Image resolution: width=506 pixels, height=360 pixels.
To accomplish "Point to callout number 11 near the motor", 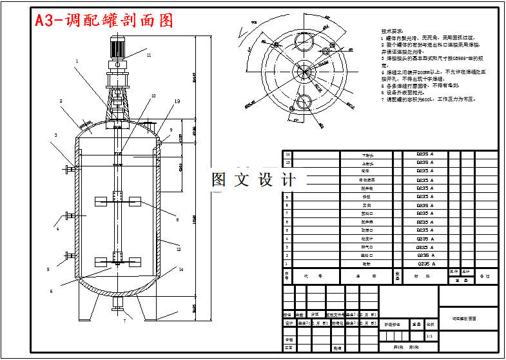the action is pos(148,55).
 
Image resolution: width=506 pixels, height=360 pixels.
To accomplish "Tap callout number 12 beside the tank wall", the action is pos(179,248).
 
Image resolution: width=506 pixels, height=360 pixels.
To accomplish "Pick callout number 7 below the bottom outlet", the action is pos(124,320).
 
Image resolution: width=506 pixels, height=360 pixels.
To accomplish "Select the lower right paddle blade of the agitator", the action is pos(134,261).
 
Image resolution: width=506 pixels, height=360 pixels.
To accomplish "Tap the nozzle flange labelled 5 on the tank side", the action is pos(67,257).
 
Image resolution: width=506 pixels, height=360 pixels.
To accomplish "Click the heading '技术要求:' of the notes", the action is pos(392,30).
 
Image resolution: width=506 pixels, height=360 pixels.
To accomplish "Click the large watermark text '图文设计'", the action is pos(253,179).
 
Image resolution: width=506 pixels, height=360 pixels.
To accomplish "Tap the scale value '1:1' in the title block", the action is pos(429,335).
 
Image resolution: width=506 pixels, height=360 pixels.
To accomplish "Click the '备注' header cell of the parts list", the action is pos(485,275).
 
